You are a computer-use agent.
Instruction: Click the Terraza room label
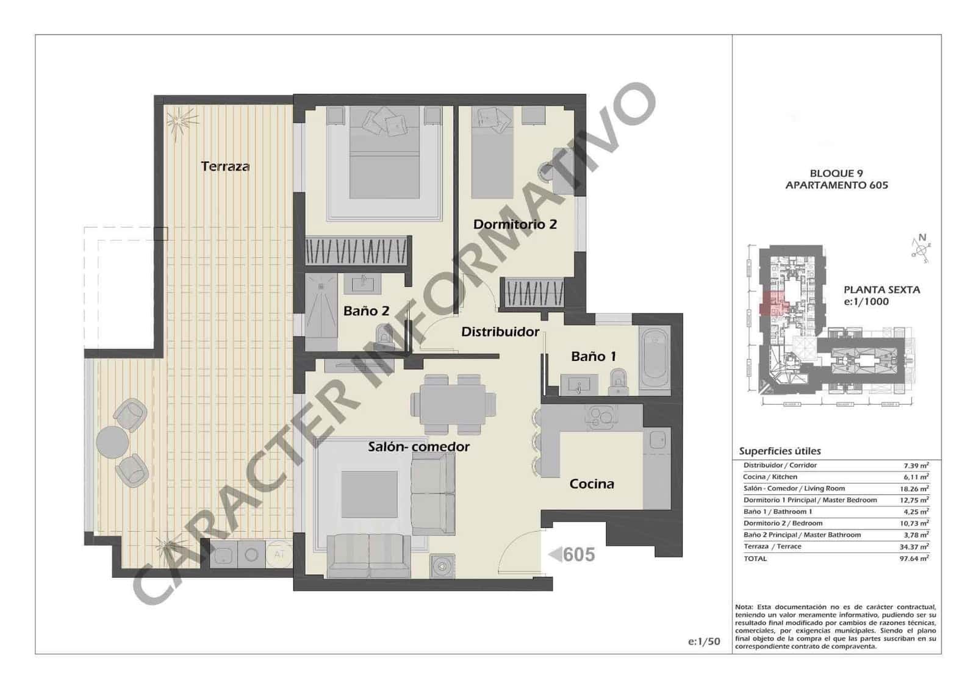pos(225,166)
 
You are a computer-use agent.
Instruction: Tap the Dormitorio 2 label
pos(515,224)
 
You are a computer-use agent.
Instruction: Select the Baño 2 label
pos(366,311)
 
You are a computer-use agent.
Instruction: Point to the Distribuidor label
pos(500,332)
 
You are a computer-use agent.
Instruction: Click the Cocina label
pos(592,484)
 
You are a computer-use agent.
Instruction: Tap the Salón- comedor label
pos(418,447)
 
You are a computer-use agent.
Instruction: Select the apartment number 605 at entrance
pos(578,554)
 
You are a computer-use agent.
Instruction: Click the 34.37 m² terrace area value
pos(913,547)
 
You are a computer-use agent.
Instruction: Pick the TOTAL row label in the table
pos(755,559)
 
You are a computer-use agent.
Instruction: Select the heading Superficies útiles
pos(780,451)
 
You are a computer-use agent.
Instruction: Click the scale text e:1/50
pos(704,641)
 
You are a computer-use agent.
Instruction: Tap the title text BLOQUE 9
pos(836,173)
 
